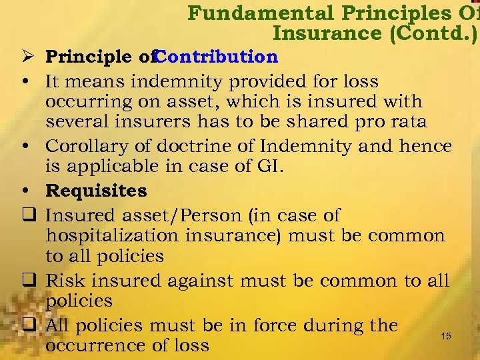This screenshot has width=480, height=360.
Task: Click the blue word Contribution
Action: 217,57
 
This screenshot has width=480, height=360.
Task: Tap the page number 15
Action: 446,337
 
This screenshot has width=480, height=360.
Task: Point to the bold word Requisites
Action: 96,191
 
